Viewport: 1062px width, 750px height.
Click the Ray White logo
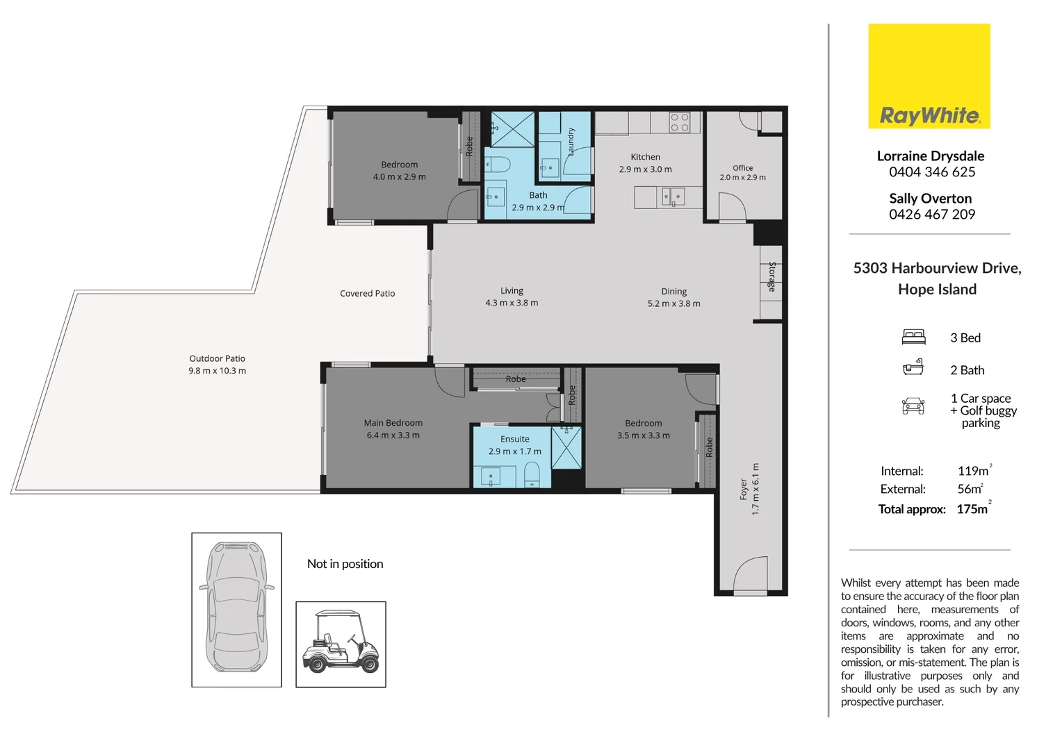[x=929, y=76]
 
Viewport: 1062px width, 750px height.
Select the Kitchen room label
[x=645, y=157]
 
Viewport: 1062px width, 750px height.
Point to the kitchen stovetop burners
[x=680, y=122]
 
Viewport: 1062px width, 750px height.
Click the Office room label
[x=742, y=168]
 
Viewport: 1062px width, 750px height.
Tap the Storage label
[x=772, y=276]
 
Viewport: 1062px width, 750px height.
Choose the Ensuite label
[x=514, y=439]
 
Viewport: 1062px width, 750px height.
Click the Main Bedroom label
[x=393, y=423]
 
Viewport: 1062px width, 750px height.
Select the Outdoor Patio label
[x=217, y=358]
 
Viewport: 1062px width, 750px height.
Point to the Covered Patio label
[x=368, y=293]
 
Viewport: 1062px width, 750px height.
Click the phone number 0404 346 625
[x=932, y=172]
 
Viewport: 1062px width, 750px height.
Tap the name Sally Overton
[x=930, y=198]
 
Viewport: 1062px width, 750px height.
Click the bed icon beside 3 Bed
[x=913, y=337]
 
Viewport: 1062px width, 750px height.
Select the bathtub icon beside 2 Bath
[x=913, y=367]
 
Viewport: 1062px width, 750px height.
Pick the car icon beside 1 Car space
[x=913, y=406]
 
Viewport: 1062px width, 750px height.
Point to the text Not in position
[x=345, y=564]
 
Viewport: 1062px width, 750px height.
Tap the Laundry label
[x=571, y=141]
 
